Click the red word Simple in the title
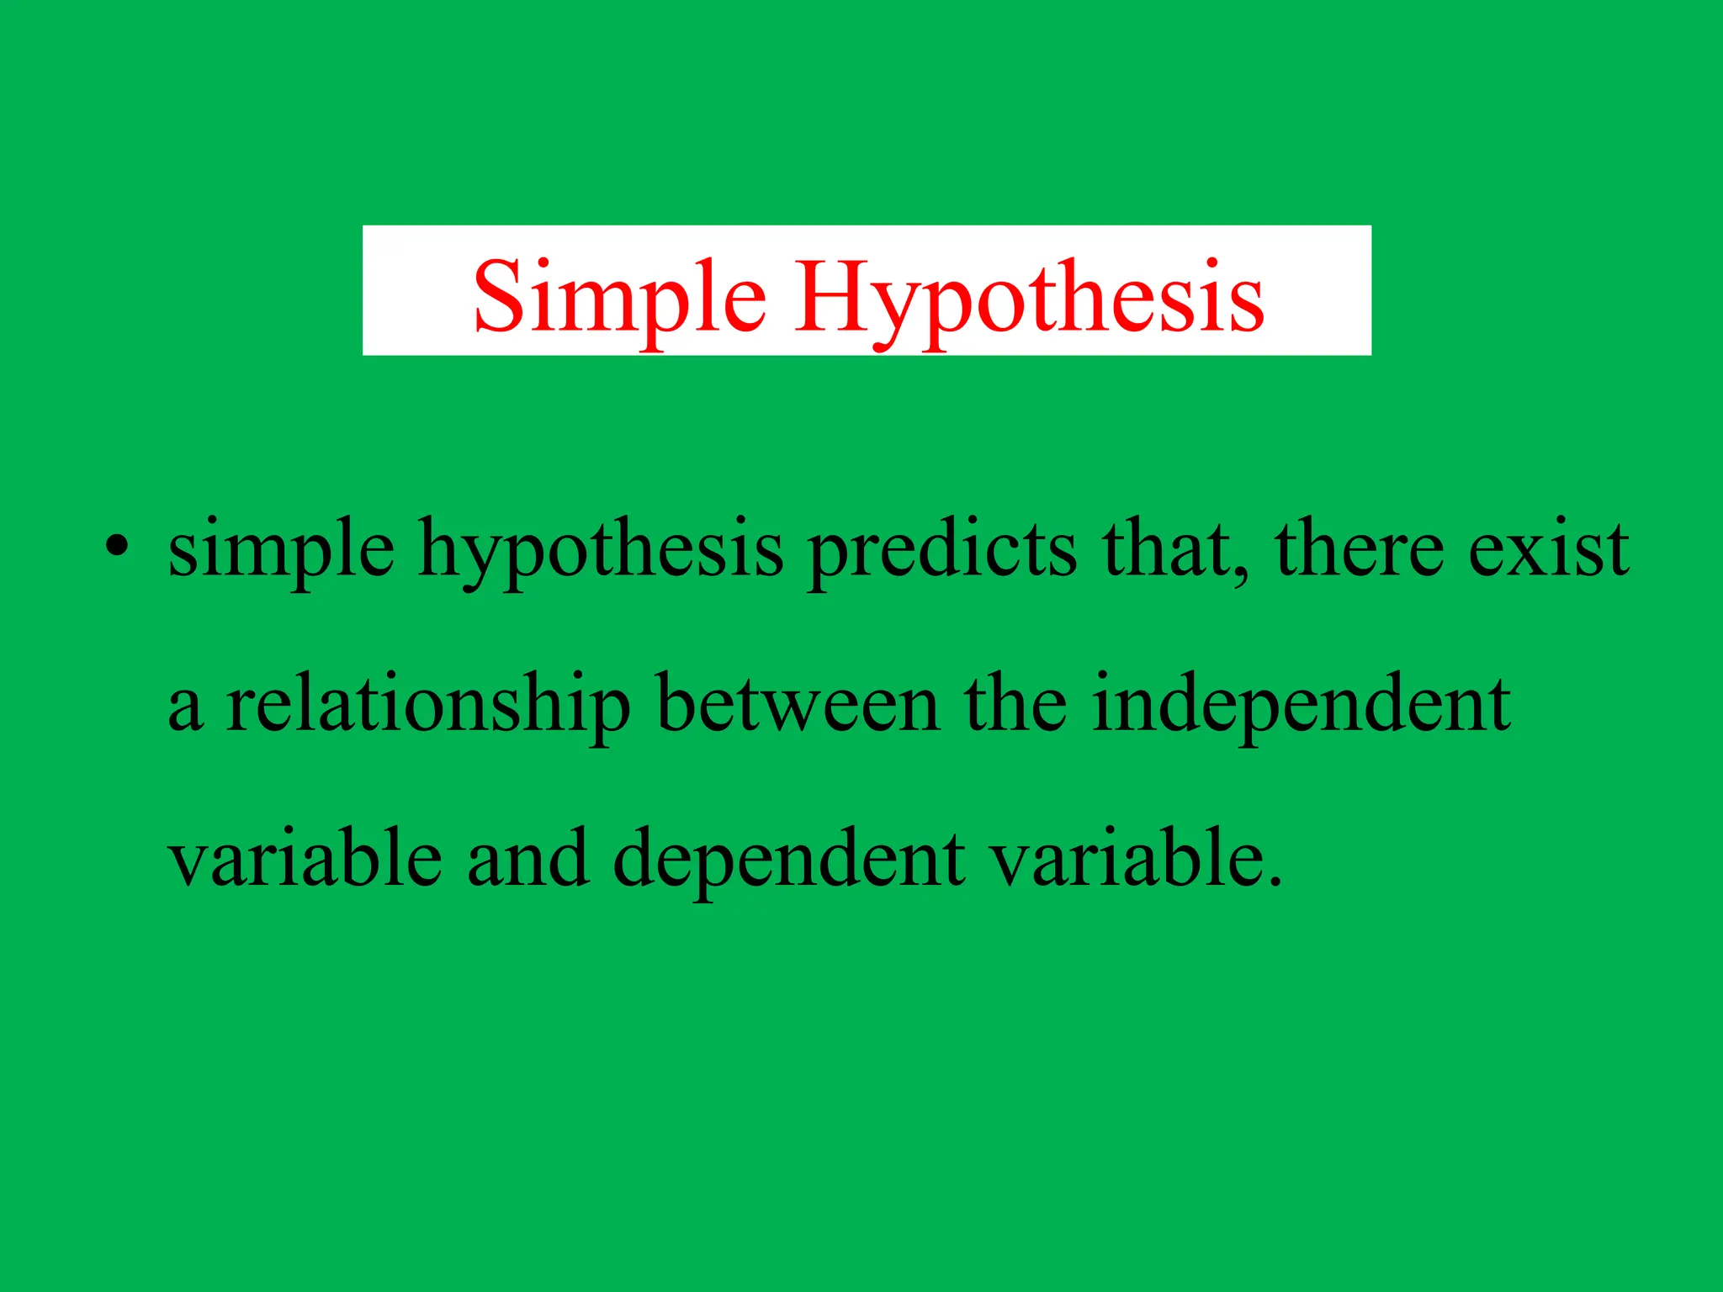click(619, 296)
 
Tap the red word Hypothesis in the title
click(1030, 296)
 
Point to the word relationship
click(427, 705)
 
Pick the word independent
click(1301, 705)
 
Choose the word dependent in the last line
click(789, 860)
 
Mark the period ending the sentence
click(1274, 881)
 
